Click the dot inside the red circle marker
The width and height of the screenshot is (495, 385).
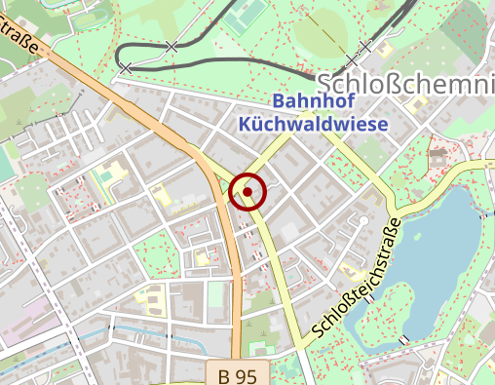(x=247, y=192)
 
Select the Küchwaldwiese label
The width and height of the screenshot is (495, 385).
(x=313, y=124)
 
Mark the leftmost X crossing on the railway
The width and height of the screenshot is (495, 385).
(x=126, y=68)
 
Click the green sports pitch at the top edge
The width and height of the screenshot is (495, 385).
(x=245, y=14)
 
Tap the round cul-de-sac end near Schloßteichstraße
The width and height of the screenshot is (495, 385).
(x=363, y=221)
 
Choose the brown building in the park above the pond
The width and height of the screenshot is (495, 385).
(x=436, y=154)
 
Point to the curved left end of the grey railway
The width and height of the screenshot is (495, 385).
(x=118, y=55)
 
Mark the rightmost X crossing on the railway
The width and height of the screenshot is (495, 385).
(x=365, y=46)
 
